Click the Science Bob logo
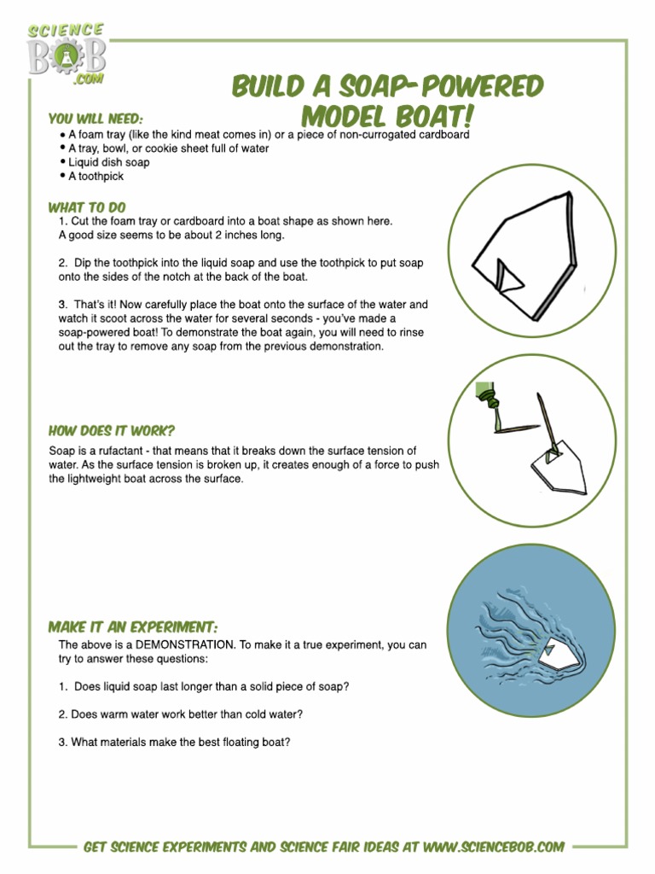coord(67,53)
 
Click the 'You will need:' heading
coord(96,119)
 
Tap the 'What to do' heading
coord(87,207)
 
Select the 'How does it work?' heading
coord(112,431)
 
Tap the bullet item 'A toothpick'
coord(96,176)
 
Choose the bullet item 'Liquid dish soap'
coord(108,162)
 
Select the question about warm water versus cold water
coord(181,714)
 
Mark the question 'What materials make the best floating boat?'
coord(174,743)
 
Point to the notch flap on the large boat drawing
coord(502,274)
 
